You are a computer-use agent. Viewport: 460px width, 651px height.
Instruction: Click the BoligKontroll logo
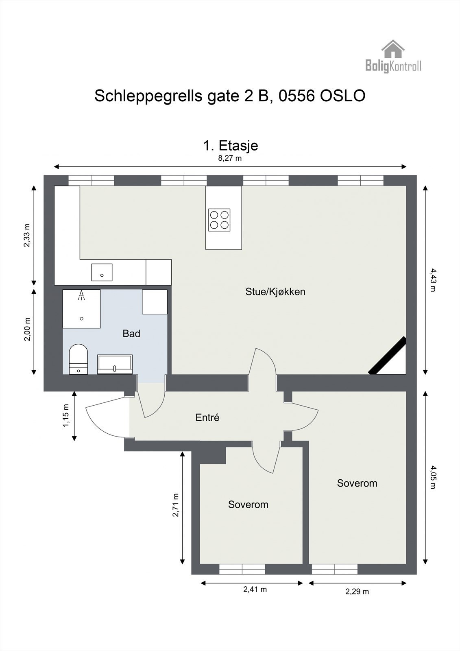coord(393,57)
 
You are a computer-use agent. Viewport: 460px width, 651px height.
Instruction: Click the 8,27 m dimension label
coord(230,158)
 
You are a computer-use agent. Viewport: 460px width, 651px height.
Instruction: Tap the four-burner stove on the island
coord(219,220)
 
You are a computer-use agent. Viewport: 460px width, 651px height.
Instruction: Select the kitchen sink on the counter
coord(102,272)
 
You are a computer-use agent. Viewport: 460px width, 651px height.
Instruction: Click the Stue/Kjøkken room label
coord(275,292)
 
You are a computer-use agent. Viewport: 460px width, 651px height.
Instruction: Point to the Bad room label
coord(131,334)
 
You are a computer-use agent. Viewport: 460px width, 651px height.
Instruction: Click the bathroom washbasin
coord(115,364)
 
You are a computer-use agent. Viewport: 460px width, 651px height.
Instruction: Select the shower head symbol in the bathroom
coord(82,295)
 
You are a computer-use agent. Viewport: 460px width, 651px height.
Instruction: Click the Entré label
coord(207,417)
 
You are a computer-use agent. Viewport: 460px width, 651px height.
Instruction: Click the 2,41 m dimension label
coord(255,590)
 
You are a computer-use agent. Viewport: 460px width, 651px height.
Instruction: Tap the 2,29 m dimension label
coord(357,592)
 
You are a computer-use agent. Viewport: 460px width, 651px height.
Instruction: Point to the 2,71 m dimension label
coord(176,505)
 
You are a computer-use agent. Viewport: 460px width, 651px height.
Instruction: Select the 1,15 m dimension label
coord(66,415)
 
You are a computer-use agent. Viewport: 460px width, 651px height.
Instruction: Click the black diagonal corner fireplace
coord(388,356)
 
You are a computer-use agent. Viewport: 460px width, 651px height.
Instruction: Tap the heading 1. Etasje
coord(230,145)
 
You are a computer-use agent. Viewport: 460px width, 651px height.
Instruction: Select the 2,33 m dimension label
coord(26,235)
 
